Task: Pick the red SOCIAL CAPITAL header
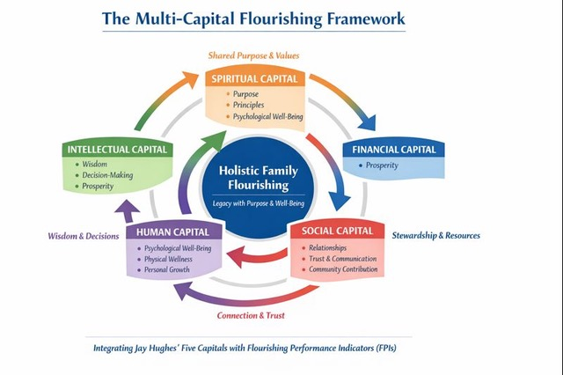pyautogui.click(x=338, y=232)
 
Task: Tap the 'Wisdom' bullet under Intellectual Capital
pyautogui.click(x=94, y=163)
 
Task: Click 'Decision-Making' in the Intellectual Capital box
pyautogui.click(x=107, y=174)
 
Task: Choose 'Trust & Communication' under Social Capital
pyautogui.click(x=342, y=259)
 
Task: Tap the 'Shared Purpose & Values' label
pyautogui.click(x=253, y=55)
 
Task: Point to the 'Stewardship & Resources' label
pyautogui.click(x=436, y=235)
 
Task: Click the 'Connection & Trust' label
pyautogui.click(x=252, y=315)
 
